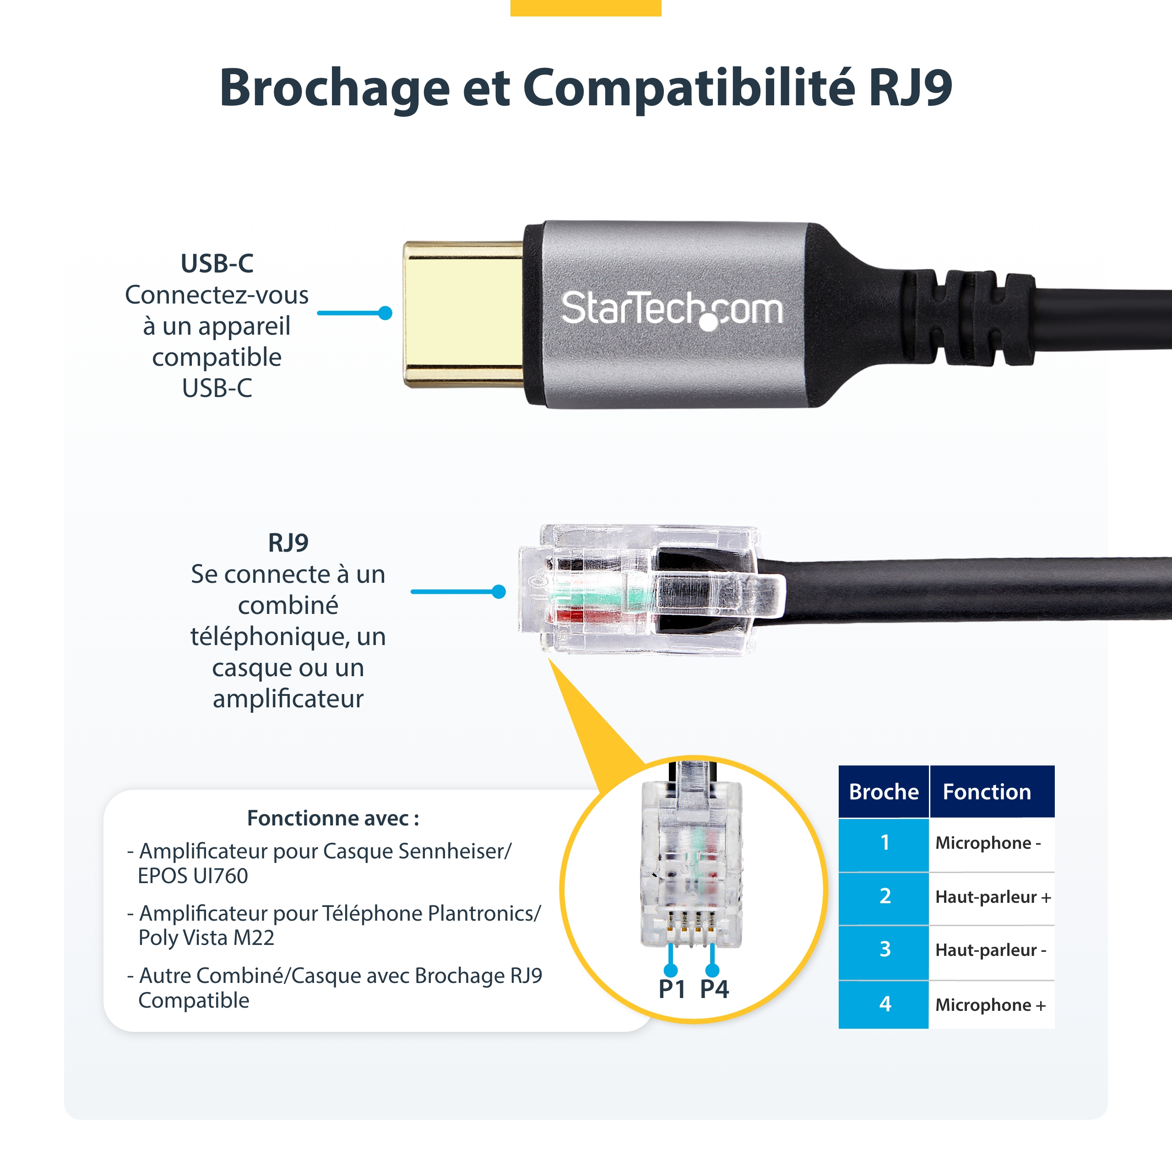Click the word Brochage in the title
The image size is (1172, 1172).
point(334,88)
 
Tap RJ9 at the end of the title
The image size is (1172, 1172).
point(910,88)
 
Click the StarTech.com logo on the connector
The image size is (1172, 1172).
point(672,309)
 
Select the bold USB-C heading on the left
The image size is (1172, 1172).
point(217,263)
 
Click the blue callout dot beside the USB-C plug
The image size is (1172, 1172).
point(385,313)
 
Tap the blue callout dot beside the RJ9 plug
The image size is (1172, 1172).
point(499,591)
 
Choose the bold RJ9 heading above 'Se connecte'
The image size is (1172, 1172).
point(288,543)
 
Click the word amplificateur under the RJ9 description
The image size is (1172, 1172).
point(288,698)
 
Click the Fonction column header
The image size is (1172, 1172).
point(987,792)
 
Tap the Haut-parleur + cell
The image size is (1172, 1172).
point(993,896)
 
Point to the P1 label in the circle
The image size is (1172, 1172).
point(672,989)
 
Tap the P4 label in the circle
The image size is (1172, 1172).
point(714,989)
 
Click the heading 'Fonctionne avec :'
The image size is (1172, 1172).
point(333,818)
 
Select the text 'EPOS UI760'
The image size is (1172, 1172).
point(193,876)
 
